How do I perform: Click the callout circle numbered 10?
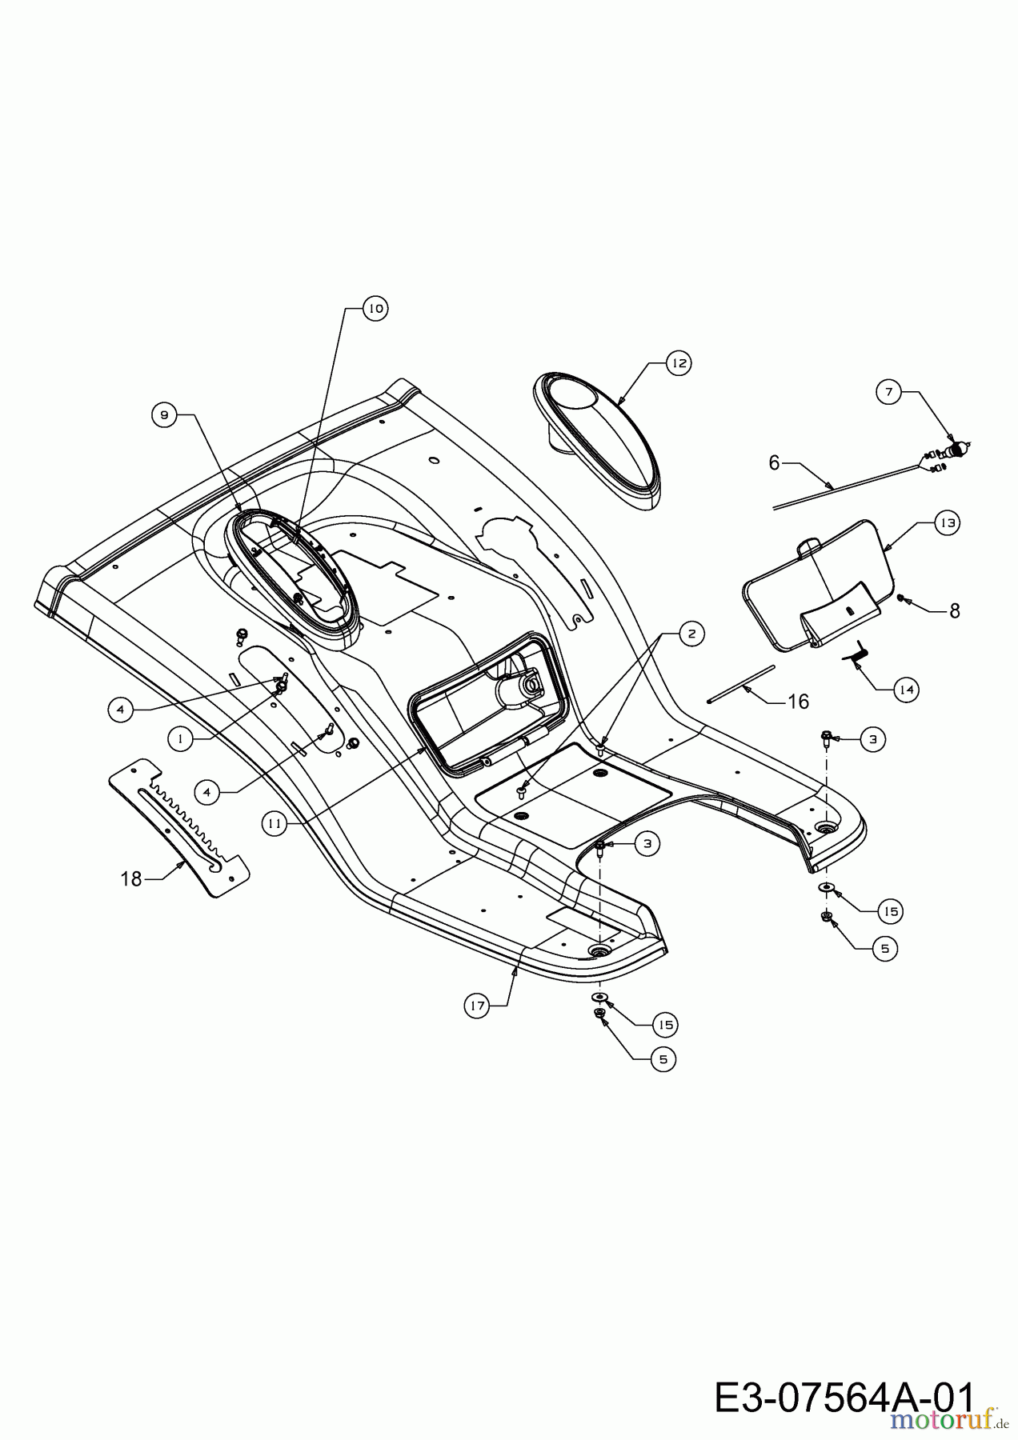(375, 308)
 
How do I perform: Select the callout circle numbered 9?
(164, 414)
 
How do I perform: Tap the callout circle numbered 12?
(679, 363)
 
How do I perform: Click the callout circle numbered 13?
(947, 522)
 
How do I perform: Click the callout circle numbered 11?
(275, 825)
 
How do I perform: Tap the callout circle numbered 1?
(182, 740)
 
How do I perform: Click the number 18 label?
(131, 879)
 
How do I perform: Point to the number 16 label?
(798, 702)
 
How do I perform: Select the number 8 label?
(954, 610)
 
